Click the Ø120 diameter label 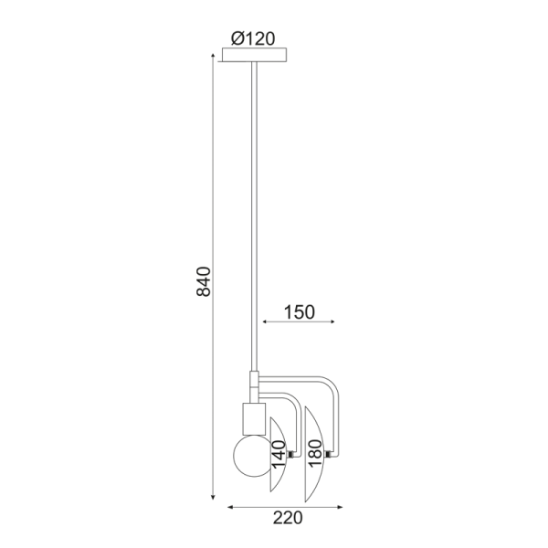253,38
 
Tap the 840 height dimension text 204,281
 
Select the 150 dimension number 300,312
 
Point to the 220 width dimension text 288,518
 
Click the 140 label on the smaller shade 279,455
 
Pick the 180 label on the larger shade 314,453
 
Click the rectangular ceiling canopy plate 255,55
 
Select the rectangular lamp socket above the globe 254,418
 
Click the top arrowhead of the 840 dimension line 213,56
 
